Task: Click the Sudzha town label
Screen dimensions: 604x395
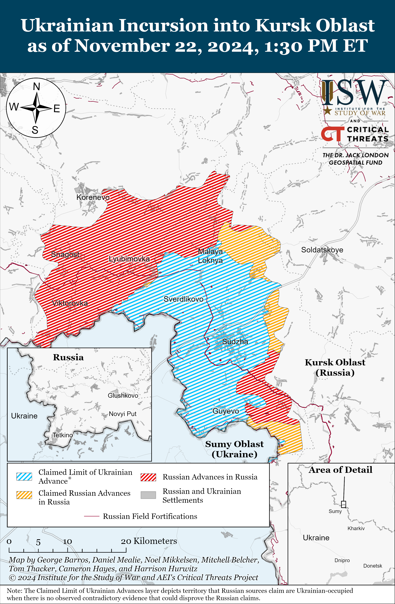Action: pyautogui.click(x=235, y=342)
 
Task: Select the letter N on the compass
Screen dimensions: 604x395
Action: pyautogui.click(x=37, y=87)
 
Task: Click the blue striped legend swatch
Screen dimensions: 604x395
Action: pyautogui.click(x=24, y=477)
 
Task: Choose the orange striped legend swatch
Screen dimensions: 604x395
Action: pyautogui.click(x=24, y=495)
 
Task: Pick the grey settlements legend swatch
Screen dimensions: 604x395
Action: pyautogui.click(x=148, y=495)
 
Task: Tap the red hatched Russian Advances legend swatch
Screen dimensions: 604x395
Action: pyautogui.click(x=148, y=477)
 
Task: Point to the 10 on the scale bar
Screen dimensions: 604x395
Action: pyautogui.click(x=68, y=542)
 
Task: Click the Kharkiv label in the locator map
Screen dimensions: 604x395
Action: pyautogui.click(x=356, y=528)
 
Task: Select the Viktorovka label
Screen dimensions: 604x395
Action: pyautogui.click(x=70, y=303)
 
